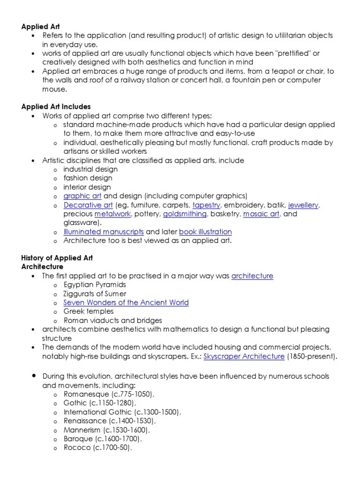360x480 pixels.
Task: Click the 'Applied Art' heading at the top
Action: coord(41,27)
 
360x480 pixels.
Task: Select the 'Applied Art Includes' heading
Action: coord(56,107)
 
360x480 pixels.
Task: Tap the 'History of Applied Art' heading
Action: coord(57,258)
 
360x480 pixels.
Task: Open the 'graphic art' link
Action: coord(82,196)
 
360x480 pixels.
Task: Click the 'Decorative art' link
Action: coord(88,205)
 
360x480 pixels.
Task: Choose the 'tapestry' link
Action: coord(207,205)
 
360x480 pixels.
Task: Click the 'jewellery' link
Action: coord(304,205)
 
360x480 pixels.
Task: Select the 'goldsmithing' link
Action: coord(185,214)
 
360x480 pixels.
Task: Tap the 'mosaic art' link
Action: coord(261,214)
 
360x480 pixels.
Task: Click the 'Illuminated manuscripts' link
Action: coord(104,232)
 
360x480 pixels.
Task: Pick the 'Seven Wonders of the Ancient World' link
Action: coord(126,302)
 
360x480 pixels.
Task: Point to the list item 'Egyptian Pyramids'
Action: coord(95,285)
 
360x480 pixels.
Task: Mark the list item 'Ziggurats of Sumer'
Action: coord(95,293)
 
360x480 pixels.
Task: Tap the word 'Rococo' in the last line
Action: coord(76,448)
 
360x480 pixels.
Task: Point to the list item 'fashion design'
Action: coord(88,178)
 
